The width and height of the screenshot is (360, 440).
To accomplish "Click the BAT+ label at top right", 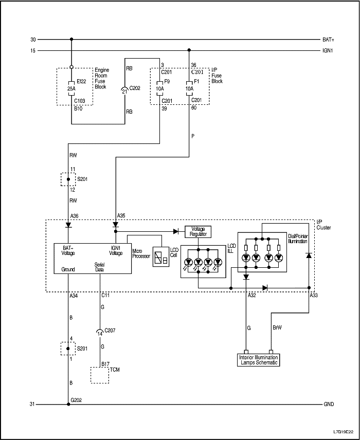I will tap(328, 40).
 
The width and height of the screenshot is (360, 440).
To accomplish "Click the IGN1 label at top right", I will tap(328, 50).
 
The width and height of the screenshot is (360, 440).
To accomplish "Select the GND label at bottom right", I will tap(328, 405).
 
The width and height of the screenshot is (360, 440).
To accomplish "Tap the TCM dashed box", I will tap(100, 375).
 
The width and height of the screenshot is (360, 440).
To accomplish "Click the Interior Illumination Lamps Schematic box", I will tap(259, 360).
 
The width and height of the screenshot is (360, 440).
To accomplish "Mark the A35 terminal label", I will tap(121, 215).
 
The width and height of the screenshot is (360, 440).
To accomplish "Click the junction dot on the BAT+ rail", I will tap(71, 39).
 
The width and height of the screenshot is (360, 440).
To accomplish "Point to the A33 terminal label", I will tap(314, 296).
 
